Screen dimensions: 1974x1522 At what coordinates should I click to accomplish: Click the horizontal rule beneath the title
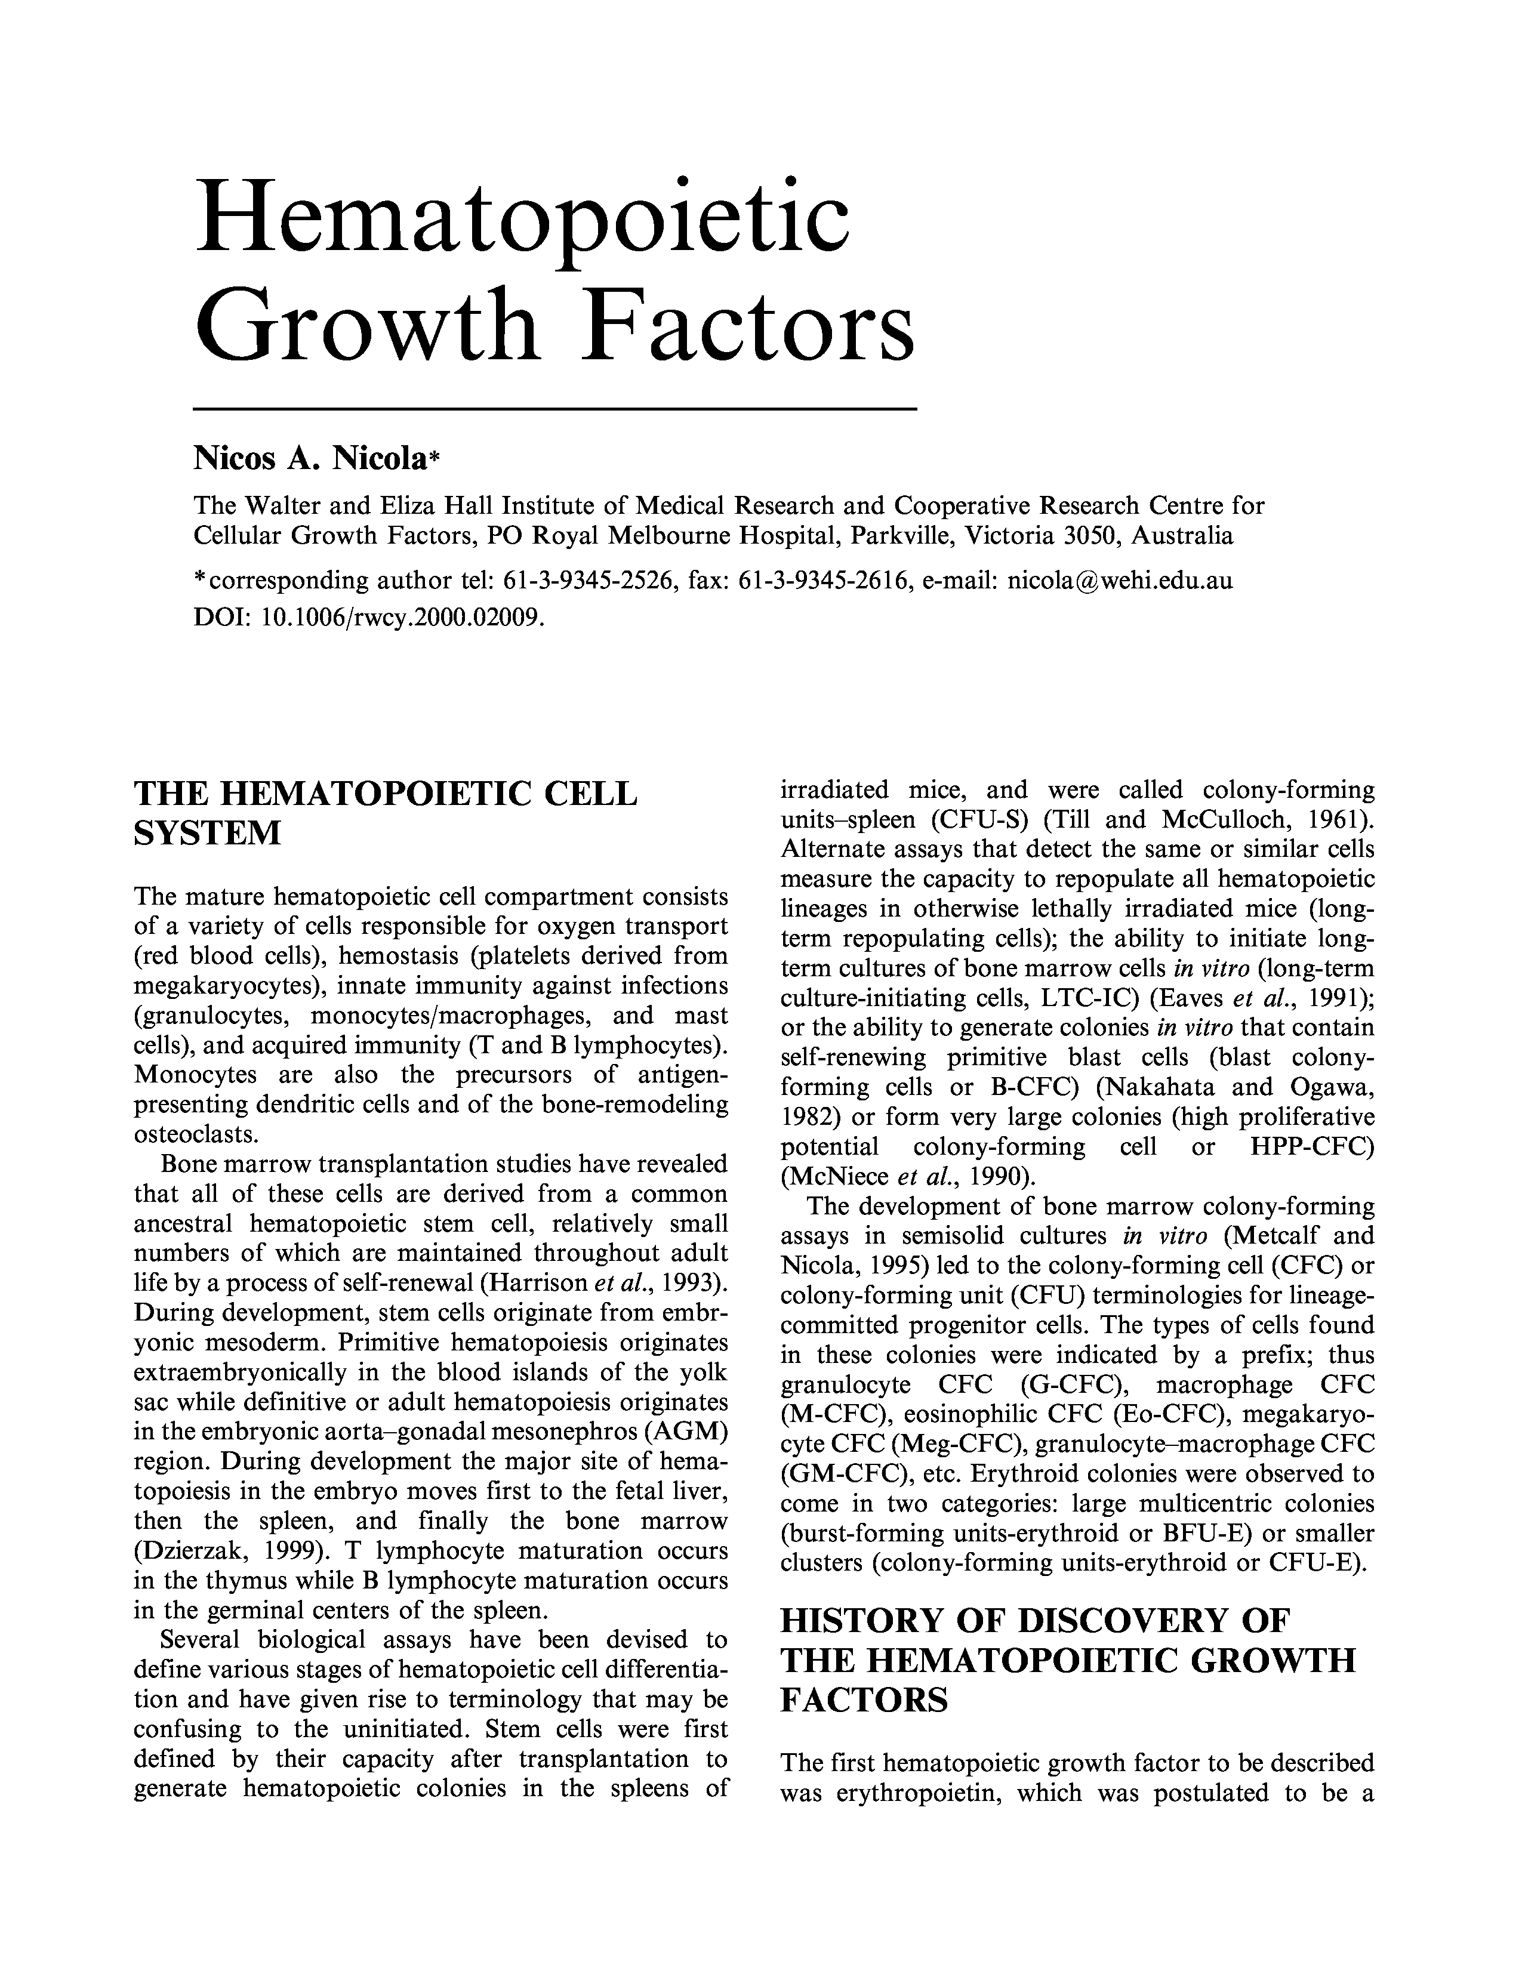coord(555,409)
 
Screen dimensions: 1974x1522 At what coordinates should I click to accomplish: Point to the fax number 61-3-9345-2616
coord(823,579)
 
